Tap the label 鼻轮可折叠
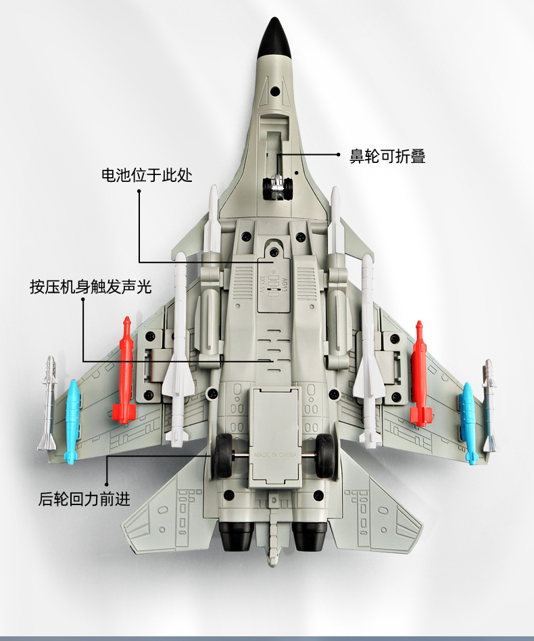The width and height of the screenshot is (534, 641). [387, 156]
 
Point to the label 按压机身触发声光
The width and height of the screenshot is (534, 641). [90, 286]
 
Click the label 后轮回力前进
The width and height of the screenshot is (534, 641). [84, 500]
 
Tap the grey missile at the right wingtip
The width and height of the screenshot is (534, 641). [489, 406]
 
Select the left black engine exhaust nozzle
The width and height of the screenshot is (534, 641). [237, 538]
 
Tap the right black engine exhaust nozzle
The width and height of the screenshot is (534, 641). [310, 538]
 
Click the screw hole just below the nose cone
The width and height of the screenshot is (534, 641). [276, 90]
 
